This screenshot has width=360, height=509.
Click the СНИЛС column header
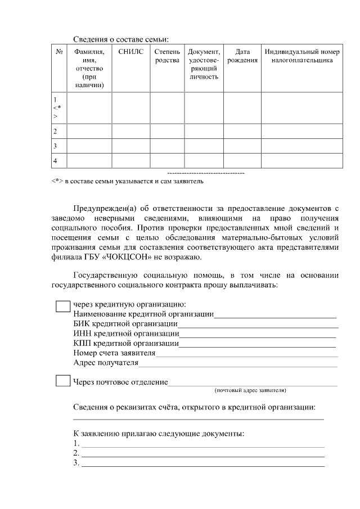131,52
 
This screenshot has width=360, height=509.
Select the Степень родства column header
167,56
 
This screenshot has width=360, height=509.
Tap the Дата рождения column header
242,56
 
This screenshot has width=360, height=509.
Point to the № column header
59,52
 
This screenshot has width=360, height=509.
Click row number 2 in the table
55,132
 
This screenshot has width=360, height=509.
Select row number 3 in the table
55,146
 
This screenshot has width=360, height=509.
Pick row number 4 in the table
55,161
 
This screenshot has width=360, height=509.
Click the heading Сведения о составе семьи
121,39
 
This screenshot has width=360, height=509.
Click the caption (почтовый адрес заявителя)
250,390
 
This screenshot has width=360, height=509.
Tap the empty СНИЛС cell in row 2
131,132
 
